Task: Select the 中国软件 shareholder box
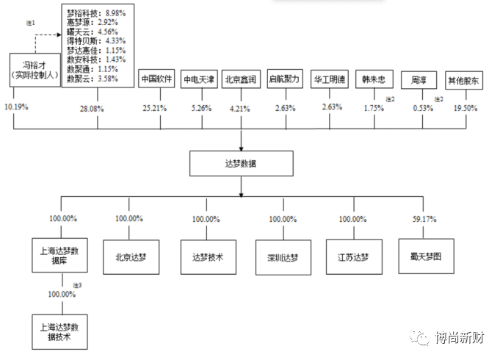156,80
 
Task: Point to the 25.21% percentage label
155,108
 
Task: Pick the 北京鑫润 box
240,80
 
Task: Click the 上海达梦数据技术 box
62,331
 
